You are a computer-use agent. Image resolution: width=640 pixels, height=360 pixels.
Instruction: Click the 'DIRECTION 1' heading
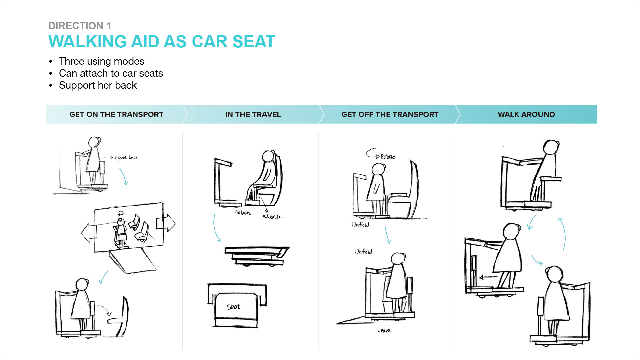(80, 26)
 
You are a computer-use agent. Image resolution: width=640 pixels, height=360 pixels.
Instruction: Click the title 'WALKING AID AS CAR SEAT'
(162, 42)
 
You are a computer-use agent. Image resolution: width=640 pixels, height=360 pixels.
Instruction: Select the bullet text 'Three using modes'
(101, 61)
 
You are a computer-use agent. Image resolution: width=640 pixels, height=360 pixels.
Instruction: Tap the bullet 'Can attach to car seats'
(111, 73)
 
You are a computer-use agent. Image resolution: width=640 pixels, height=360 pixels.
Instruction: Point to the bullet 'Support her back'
(98, 85)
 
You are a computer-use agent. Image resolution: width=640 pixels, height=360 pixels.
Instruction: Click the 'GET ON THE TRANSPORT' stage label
(116, 114)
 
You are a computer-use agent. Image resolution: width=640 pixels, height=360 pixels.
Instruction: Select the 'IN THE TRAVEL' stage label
(253, 114)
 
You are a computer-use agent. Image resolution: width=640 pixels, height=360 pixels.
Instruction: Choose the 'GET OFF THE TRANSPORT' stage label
(389, 114)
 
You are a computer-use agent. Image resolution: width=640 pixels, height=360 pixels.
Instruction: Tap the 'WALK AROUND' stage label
(526, 114)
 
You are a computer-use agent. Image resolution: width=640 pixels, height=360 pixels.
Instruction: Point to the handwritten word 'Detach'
(243, 213)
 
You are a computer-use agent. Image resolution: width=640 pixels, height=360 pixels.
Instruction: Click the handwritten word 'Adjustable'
(271, 217)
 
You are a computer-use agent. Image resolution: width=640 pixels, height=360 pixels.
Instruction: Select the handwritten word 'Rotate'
(388, 157)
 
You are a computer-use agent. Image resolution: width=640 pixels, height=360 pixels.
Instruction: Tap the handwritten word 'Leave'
(384, 330)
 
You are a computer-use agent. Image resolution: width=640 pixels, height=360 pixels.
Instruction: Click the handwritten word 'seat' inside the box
(233, 307)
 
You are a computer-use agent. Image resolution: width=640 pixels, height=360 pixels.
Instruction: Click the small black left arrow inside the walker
(487, 277)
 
